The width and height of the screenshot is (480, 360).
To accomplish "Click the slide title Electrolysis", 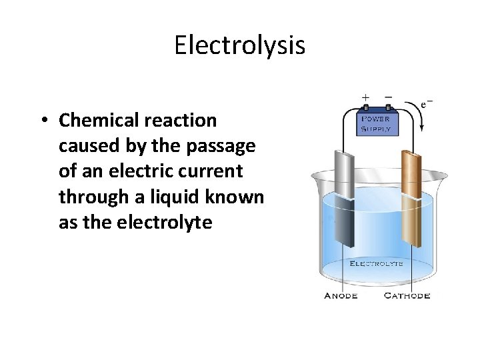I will click(x=240, y=45).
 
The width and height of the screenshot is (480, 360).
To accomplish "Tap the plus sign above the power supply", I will click(x=365, y=97).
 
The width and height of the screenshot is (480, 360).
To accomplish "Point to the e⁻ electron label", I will click(x=427, y=104).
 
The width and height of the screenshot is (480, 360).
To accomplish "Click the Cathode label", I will click(x=407, y=296).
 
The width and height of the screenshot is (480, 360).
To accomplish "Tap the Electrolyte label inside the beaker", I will click(x=377, y=263).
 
